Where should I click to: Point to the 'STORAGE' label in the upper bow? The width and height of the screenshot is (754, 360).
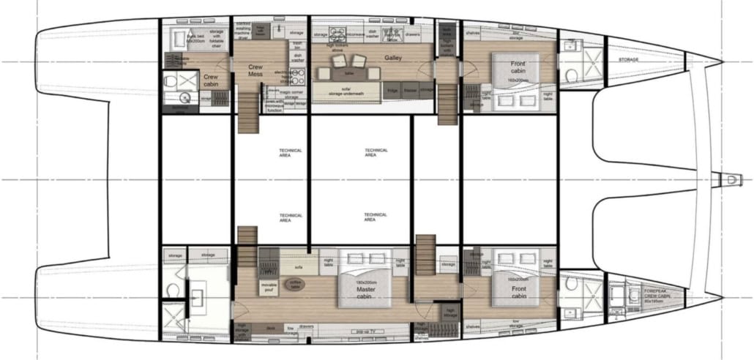tap(628, 59)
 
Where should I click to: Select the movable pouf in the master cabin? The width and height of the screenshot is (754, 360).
tap(269, 286)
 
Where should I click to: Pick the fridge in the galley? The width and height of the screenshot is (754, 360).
tap(392, 91)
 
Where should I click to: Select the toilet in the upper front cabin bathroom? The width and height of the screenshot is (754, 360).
tap(570, 75)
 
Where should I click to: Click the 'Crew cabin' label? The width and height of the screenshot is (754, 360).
tap(211, 80)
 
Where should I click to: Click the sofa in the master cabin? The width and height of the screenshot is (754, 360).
tap(299, 258)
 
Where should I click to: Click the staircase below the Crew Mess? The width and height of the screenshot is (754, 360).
tap(248, 110)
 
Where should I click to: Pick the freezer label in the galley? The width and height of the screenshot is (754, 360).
tap(410, 91)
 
